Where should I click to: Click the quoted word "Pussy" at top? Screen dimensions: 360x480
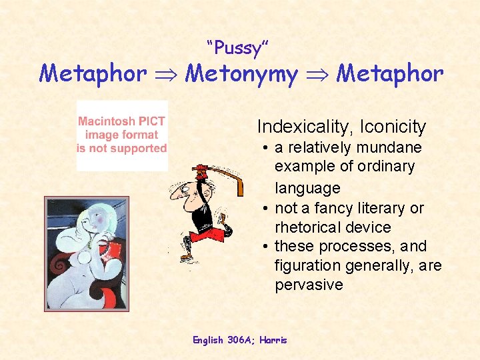tap(238, 48)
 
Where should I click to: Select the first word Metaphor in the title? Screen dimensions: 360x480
tap(93, 73)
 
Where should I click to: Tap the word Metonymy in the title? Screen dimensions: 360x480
tap(241, 73)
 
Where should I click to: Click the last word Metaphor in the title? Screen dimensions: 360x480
tap(389, 73)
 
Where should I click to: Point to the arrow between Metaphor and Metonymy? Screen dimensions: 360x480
tap(167, 74)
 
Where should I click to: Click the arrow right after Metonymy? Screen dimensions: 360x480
tap(317, 74)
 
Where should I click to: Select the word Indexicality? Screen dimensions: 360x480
tap(304, 126)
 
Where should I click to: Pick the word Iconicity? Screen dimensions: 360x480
tap(393, 126)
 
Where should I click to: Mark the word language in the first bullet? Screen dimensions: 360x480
tap(307, 188)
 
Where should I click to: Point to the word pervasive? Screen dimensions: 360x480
tap(309, 285)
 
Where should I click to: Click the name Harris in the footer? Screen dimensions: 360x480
tap(273, 340)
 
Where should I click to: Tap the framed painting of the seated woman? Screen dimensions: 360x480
tap(86, 253)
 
